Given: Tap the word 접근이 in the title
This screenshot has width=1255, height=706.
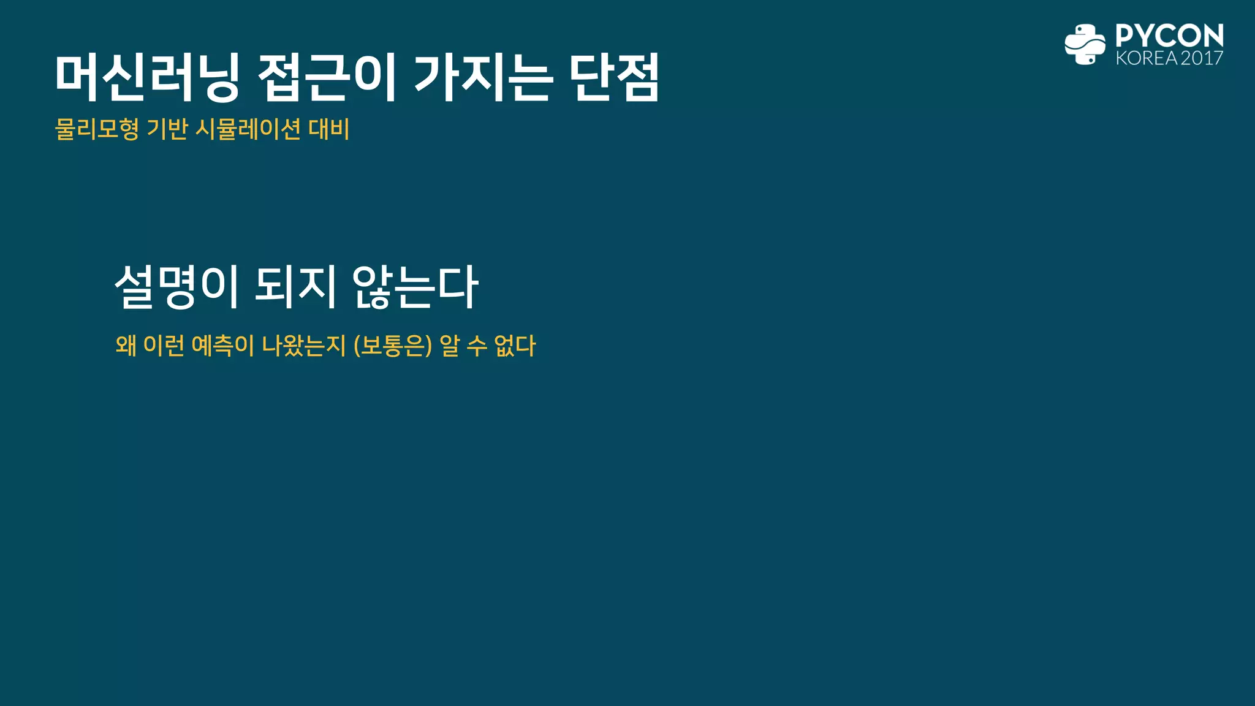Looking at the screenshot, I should (328, 78).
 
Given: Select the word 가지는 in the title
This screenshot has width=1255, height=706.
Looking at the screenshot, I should (483, 78).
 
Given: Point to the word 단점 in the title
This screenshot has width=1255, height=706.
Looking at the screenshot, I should (614, 78).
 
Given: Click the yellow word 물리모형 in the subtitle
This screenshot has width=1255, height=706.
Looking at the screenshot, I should (97, 129).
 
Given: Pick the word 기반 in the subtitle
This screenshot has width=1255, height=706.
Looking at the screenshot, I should (167, 129).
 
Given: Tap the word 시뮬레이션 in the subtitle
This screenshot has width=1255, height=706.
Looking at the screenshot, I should (248, 129).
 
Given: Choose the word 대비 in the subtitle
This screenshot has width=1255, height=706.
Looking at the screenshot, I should (329, 129).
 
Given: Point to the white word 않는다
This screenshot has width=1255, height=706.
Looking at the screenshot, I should (415, 287).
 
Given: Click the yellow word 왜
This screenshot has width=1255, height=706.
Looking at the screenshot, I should (126, 346).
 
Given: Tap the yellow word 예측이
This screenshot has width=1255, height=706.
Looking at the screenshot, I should (222, 346).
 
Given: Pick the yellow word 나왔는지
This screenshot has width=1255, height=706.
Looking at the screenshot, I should (304, 346).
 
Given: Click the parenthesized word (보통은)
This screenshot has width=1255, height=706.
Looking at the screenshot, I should (393, 346).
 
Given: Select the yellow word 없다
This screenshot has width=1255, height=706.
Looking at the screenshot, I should (515, 346).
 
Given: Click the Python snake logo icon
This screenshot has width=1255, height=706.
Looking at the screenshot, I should (1085, 44).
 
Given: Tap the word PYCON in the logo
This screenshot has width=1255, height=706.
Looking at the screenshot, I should (1169, 36).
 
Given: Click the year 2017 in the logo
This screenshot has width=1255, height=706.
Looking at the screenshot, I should (1202, 58).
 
